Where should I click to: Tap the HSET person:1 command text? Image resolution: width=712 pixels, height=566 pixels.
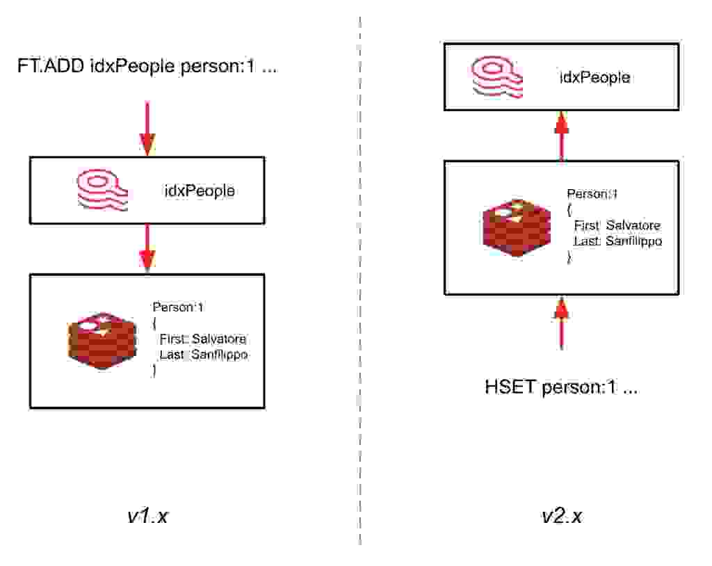(560, 387)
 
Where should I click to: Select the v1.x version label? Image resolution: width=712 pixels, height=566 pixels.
(147, 517)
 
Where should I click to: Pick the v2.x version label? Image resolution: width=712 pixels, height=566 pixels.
(562, 517)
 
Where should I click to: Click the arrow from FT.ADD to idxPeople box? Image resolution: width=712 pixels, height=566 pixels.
(147, 129)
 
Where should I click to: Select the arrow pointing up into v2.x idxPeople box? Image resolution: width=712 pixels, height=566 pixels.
(561, 135)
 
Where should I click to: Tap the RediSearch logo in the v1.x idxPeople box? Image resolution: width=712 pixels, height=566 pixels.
(102, 189)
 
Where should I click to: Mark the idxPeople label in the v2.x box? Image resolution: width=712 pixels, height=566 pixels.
(595, 77)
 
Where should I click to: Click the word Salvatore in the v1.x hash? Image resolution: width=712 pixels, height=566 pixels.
(220, 340)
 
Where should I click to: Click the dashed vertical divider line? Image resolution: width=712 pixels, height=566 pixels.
(360, 278)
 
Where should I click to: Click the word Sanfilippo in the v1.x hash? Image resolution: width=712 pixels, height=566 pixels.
(220, 355)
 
